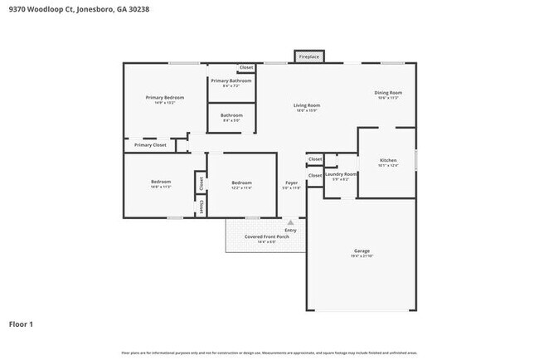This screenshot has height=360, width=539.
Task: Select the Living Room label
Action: click(x=307, y=105)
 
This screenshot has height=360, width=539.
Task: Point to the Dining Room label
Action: click(x=388, y=92)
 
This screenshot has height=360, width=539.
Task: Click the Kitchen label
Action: click(x=388, y=160)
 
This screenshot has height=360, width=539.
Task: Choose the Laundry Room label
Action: click(x=340, y=174)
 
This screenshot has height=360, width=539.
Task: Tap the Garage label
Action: click(x=362, y=251)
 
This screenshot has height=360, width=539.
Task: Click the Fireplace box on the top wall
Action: click(x=308, y=56)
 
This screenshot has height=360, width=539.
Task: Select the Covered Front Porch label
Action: click(x=265, y=236)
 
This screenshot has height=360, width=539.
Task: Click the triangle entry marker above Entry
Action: click(x=290, y=222)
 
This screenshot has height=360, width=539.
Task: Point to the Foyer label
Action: click(x=292, y=182)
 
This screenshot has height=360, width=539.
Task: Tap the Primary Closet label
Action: click(x=150, y=145)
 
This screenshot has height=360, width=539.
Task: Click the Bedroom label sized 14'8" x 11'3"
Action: click(x=161, y=182)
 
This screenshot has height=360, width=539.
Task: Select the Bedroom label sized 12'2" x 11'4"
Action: click(x=241, y=182)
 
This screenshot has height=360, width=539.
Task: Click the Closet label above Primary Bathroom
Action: click(x=246, y=67)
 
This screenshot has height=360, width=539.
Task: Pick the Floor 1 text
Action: click(x=21, y=324)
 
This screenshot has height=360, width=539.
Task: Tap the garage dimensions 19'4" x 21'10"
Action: click(x=362, y=256)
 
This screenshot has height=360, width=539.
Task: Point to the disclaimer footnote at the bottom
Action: click(x=269, y=353)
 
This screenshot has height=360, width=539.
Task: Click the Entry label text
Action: click(x=290, y=230)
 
